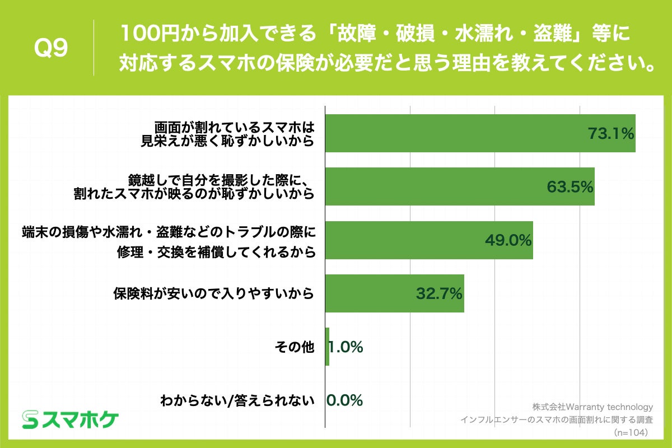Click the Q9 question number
(x=51, y=49)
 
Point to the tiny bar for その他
(x=327, y=347)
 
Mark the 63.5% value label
(x=570, y=186)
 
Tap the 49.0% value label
(x=508, y=240)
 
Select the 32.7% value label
(x=438, y=293)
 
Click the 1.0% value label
(x=346, y=347)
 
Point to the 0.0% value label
(x=345, y=400)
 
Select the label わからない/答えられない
(x=237, y=400)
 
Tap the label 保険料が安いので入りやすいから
(x=212, y=293)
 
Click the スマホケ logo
(x=71, y=418)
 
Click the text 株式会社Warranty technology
(x=592, y=407)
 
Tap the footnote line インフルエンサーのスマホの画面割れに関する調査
(x=556, y=419)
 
